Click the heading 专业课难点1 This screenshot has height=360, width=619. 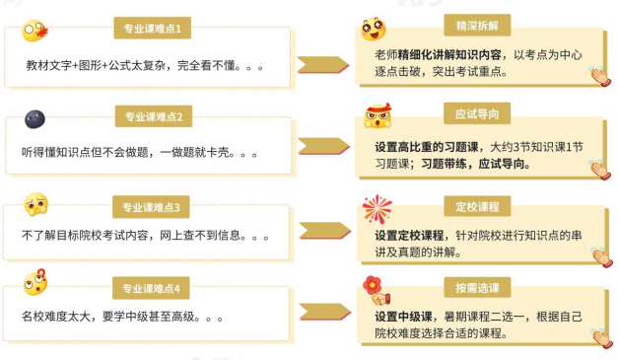152,28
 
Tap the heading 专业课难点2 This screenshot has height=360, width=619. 152,117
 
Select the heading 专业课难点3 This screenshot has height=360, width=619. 152,207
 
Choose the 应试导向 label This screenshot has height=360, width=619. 477,113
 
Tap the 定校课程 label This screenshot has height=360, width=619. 477,206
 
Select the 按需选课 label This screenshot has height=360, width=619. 477,288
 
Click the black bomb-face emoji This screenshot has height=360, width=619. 35,119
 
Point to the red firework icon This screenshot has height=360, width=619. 377,209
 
